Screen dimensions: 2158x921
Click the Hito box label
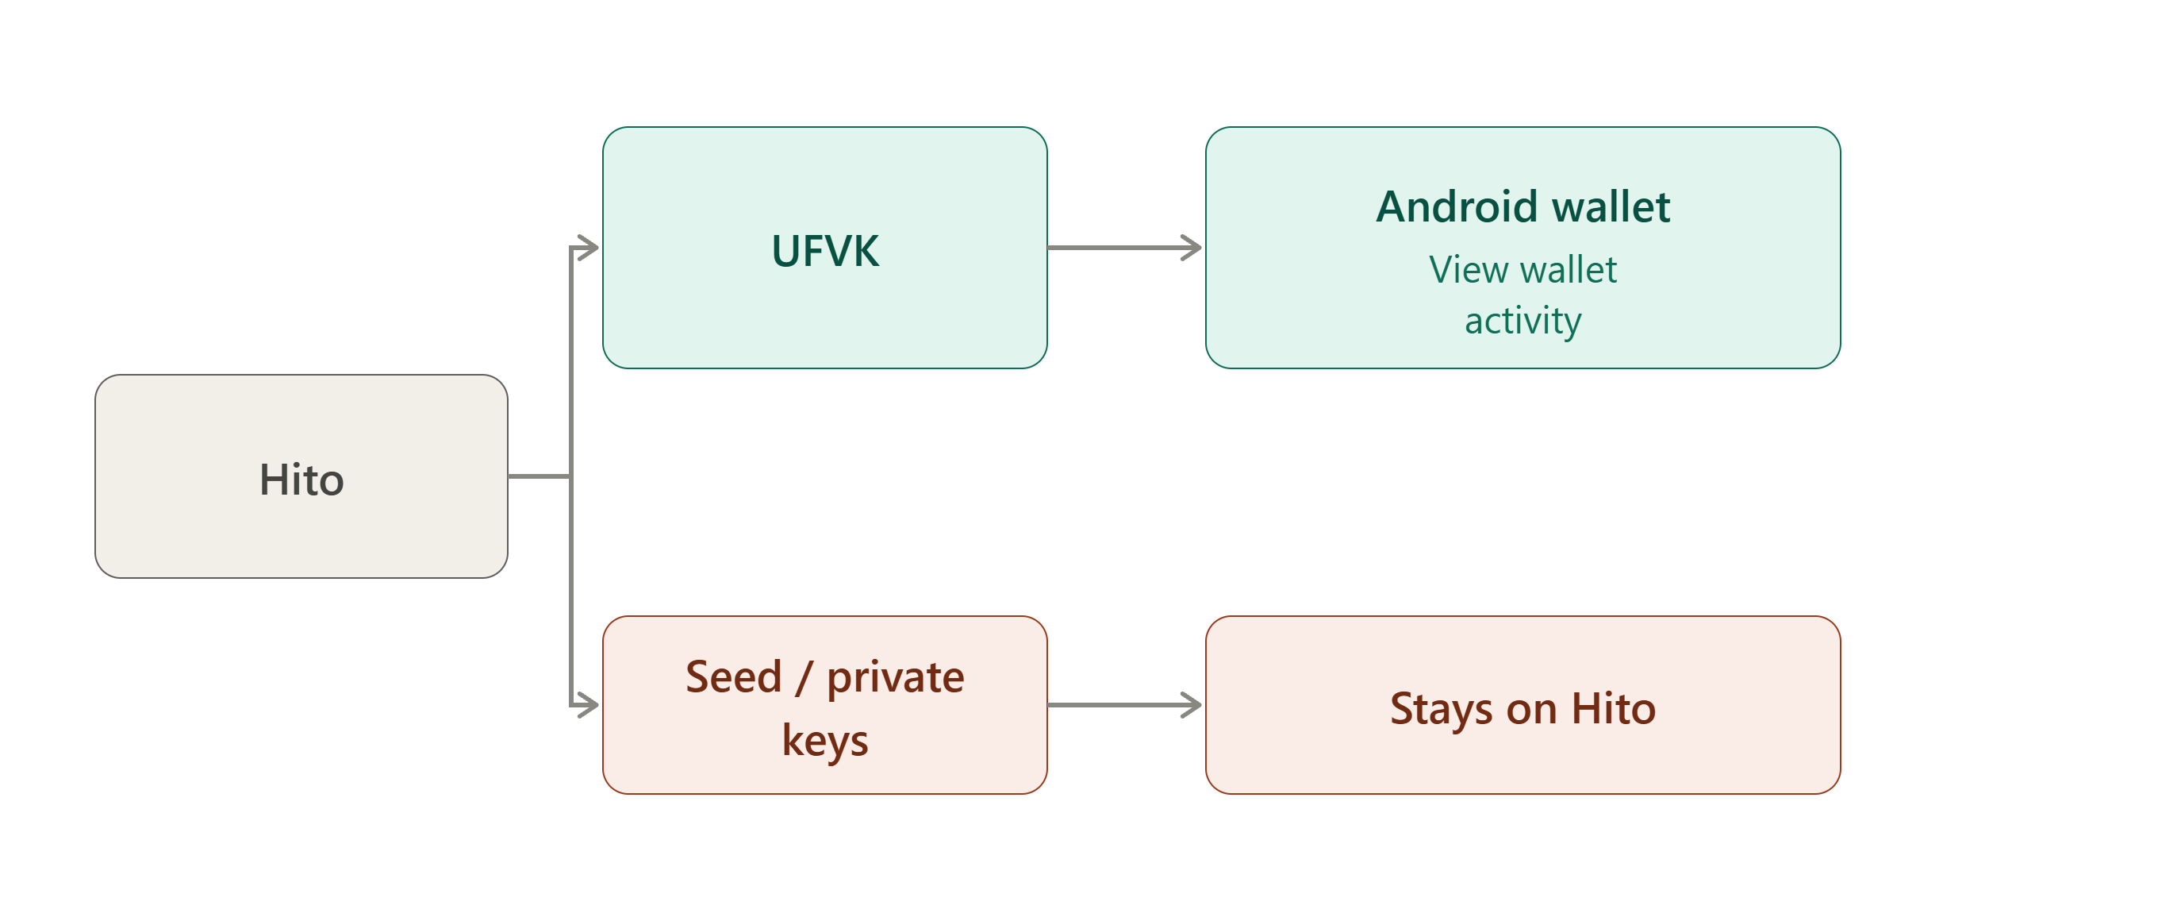coord(301,480)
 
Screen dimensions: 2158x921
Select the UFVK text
coord(825,251)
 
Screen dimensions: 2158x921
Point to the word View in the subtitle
coord(1468,270)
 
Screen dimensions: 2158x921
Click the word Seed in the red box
coord(733,676)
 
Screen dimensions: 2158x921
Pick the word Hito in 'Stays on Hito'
coord(1614,708)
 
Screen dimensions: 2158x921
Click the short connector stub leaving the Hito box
coord(539,476)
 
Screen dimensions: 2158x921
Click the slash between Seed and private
coord(804,677)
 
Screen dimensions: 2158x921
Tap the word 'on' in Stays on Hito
coord(1531,711)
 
